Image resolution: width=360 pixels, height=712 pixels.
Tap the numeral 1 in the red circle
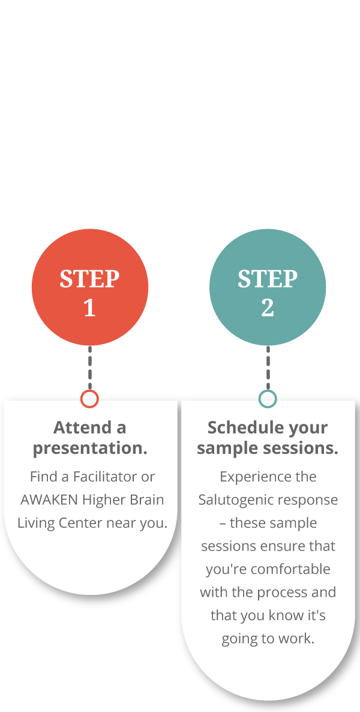[x=89, y=308]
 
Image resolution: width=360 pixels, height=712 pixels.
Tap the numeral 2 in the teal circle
[x=268, y=308]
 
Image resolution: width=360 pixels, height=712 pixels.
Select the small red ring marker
[x=89, y=399]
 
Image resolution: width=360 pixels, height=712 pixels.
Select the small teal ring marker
[x=268, y=399]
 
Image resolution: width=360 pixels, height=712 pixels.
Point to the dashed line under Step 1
[x=90, y=367]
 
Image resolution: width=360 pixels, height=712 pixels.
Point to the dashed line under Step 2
[x=268, y=367]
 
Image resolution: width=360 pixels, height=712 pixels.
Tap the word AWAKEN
[x=50, y=499]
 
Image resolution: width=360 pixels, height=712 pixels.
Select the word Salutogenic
[x=237, y=499]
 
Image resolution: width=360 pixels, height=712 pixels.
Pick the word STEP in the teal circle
[x=268, y=279]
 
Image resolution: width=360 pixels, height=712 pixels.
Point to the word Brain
[x=147, y=499]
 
